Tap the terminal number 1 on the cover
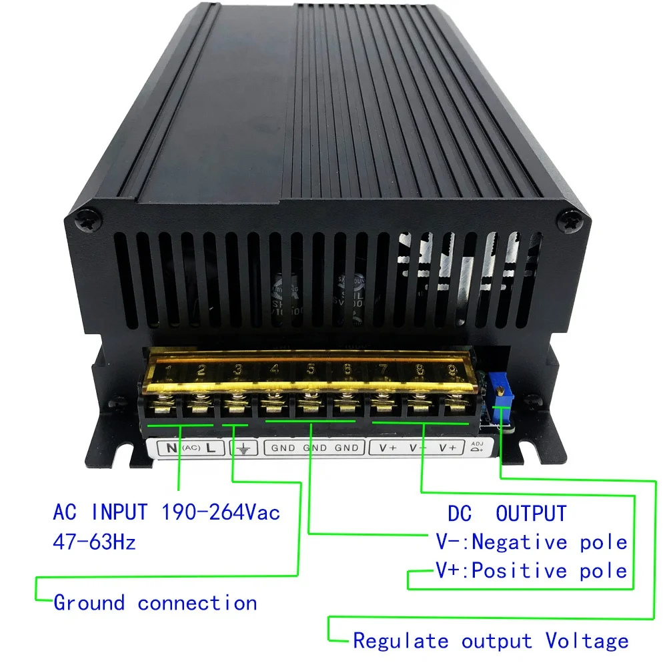[169, 369]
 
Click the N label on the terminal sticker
[171, 448]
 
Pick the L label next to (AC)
[211, 448]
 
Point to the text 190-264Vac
[221, 512]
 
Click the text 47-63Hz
[94, 542]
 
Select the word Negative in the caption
[521, 542]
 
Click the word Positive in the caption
[521, 571]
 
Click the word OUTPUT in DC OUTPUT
[531, 513]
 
